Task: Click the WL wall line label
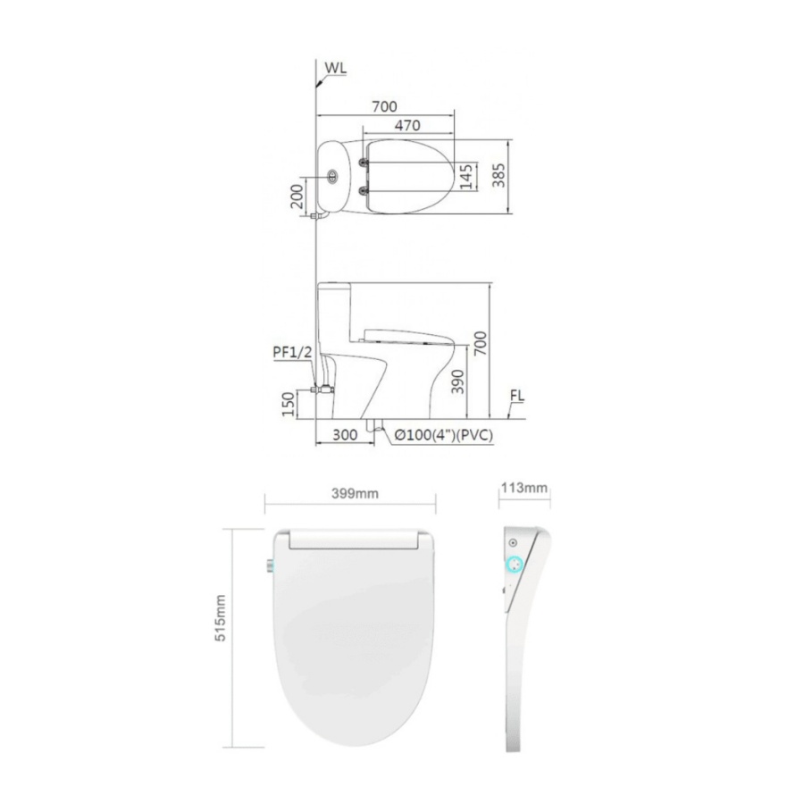335,68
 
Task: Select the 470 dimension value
407,125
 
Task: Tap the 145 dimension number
466,176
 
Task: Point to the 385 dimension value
498,175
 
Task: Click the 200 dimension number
297,196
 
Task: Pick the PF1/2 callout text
292,352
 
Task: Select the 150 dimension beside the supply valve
289,404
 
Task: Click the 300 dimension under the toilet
345,435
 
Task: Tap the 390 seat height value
457,381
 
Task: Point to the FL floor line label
517,396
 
